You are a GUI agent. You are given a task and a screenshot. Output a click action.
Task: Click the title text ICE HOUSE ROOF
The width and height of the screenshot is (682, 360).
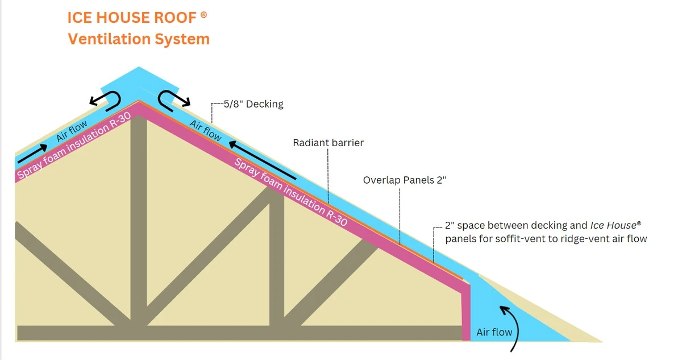pos(132,18)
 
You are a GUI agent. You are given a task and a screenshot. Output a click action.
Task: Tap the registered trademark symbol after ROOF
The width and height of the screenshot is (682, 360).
pos(203,15)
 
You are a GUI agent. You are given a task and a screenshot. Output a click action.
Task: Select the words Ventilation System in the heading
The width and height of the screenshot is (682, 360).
pos(139,39)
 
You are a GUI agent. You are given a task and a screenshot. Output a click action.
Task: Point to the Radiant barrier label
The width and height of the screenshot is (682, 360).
pos(328,143)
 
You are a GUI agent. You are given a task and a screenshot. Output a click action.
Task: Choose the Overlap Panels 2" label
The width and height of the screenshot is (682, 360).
pos(401,180)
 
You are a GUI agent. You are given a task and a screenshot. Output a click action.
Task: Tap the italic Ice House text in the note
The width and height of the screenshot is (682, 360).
pos(616,225)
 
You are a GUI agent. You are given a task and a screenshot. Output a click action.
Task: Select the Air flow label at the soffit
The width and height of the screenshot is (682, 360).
pos(494,332)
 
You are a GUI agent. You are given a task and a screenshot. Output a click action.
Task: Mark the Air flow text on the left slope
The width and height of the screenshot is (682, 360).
pos(71,131)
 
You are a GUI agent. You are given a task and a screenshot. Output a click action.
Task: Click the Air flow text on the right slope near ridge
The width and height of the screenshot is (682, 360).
pos(205,131)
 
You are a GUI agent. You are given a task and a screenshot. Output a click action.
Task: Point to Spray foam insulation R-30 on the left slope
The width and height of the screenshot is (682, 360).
pos(74,146)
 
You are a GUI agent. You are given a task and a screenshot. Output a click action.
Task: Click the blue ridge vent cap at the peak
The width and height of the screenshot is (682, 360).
pos(138,80)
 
